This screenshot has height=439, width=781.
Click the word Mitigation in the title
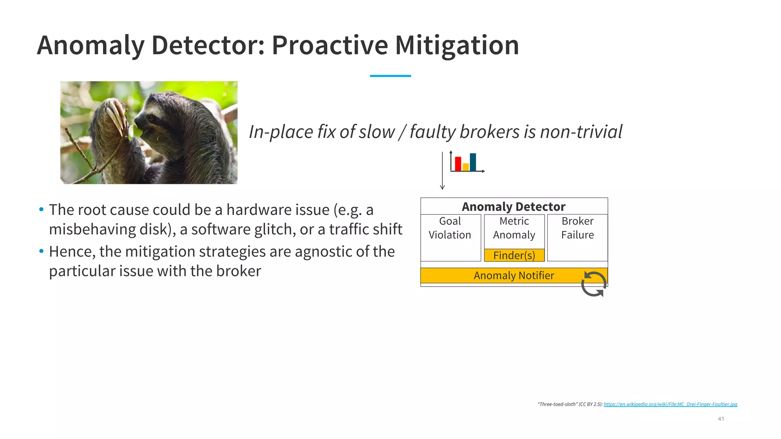456,45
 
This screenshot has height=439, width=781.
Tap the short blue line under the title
390,76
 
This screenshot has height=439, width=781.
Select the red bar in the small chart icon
458,164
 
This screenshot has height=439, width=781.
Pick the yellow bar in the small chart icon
466,167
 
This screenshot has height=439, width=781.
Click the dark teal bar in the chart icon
473,162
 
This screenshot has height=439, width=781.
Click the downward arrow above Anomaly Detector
442,171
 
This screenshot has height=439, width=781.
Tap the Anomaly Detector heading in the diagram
513,207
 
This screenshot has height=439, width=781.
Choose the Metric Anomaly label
514,228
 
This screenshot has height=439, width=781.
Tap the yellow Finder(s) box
514,255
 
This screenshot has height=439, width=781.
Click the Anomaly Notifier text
513,276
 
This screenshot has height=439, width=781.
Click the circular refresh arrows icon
594,284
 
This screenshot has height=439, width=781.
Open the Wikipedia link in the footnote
670,404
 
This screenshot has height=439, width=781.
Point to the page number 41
721,419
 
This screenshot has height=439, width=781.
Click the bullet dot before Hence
41,251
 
